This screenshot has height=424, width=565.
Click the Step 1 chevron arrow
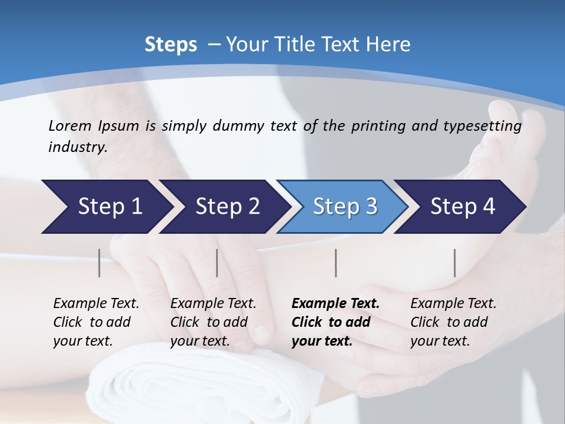(x=106, y=207)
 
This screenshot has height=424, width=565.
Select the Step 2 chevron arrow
(x=225, y=207)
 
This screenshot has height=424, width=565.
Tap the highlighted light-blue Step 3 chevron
(x=343, y=207)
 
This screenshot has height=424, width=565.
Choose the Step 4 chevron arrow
(x=461, y=207)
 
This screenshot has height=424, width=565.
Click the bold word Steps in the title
(x=171, y=45)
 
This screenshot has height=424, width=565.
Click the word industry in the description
(x=77, y=147)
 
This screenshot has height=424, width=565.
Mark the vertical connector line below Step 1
(x=99, y=263)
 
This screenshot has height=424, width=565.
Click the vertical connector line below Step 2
(x=217, y=263)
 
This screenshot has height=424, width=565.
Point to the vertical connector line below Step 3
(x=335, y=263)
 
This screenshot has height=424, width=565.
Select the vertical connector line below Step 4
(x=455, y=263)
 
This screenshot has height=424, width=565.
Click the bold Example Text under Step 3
(x=335, y=304)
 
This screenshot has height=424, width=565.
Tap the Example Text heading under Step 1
(x=96, y=304)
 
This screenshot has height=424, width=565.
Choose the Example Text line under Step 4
(x=453, y=304)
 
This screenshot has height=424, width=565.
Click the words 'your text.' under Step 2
(x=200, y=342)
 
